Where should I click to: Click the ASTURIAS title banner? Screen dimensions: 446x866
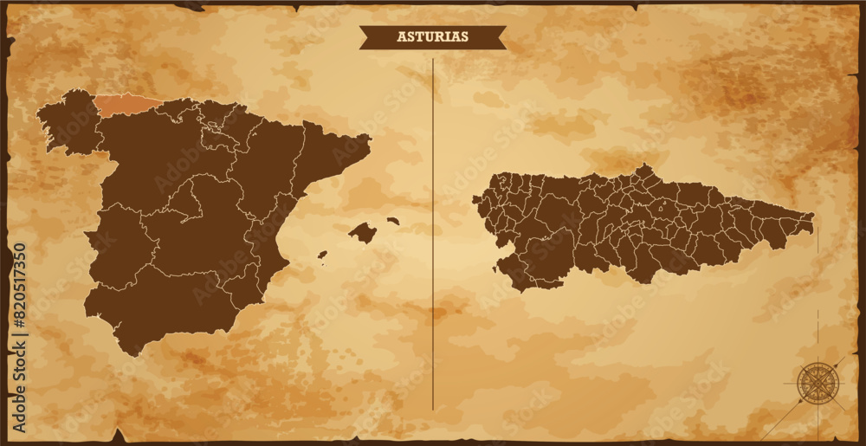[432, 37]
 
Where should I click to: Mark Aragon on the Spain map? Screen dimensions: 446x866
[273, 173]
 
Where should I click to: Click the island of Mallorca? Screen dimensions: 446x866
[363, 232]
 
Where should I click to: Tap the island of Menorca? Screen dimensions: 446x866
[393, 221]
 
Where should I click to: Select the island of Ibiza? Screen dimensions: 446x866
[322, 255]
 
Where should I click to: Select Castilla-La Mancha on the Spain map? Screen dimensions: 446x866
[208, 238]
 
